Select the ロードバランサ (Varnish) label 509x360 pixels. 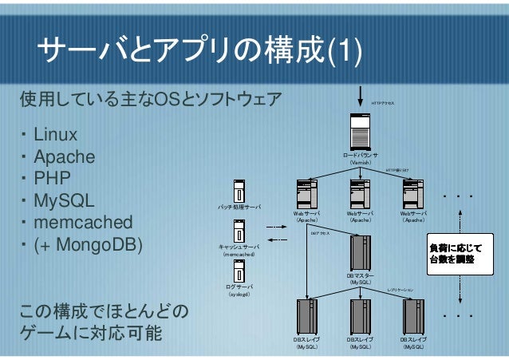point(361,159)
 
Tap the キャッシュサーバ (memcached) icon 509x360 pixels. point(239,231)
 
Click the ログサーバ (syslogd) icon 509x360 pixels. point(239,270)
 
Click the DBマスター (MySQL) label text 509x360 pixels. point(361,279)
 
